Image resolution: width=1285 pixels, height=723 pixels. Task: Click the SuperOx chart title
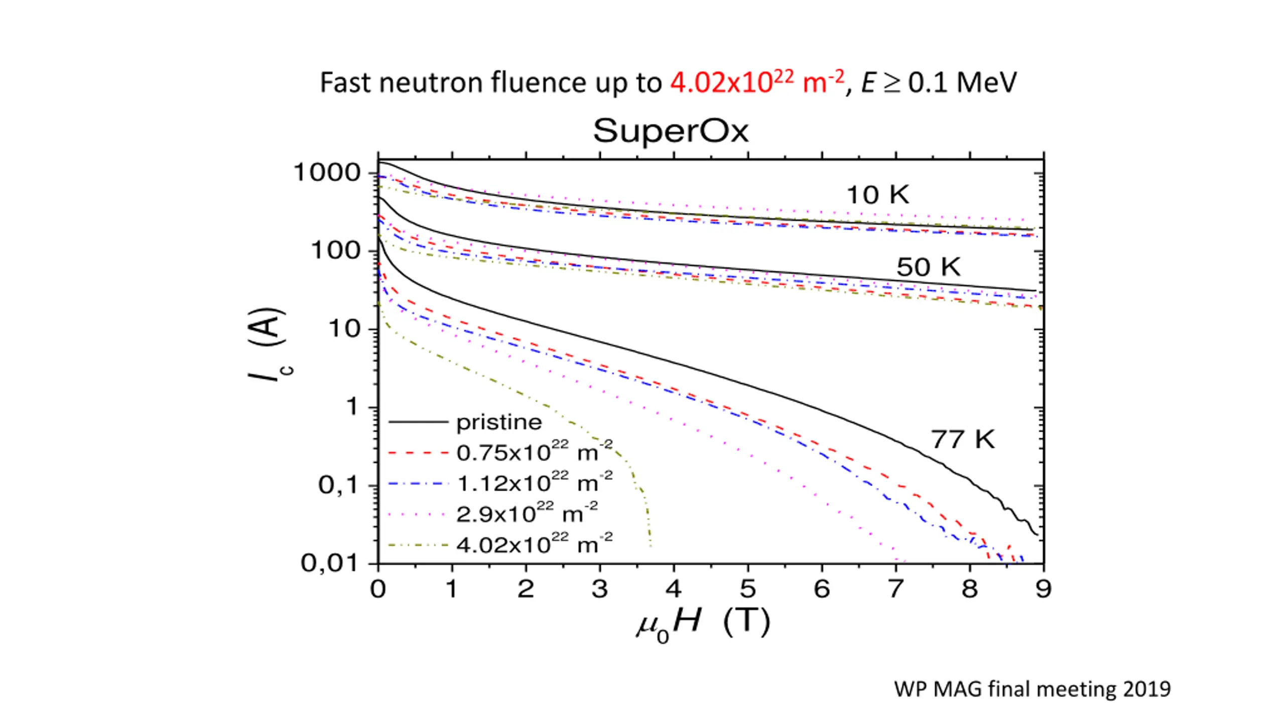tap(671, 132)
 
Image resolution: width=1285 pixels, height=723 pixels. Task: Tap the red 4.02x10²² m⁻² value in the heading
tap(757, 83)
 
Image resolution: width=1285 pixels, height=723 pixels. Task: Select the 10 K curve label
tap(877, 195)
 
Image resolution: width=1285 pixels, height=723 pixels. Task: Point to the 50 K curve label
tap(928, 267)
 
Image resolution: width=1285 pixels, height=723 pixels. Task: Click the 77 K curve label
tap(962, 439)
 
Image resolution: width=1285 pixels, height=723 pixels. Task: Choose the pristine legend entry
tap(499, 423)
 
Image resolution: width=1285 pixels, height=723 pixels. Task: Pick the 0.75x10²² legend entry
tap(534, 452)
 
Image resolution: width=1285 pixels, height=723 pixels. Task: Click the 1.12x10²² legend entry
tap(534, 483)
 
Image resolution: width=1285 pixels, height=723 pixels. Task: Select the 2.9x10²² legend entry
tap(527, 514)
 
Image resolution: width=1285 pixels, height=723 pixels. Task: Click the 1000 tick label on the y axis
tap(327, 173)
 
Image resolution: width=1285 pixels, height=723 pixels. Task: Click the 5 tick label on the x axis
tap(748, 589)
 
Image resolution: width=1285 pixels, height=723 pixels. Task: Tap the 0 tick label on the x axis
tap(378, 589)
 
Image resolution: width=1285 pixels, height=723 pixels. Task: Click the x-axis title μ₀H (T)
tap(703, 624)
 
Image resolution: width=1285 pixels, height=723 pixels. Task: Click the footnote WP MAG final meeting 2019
tap(1032, 689)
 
